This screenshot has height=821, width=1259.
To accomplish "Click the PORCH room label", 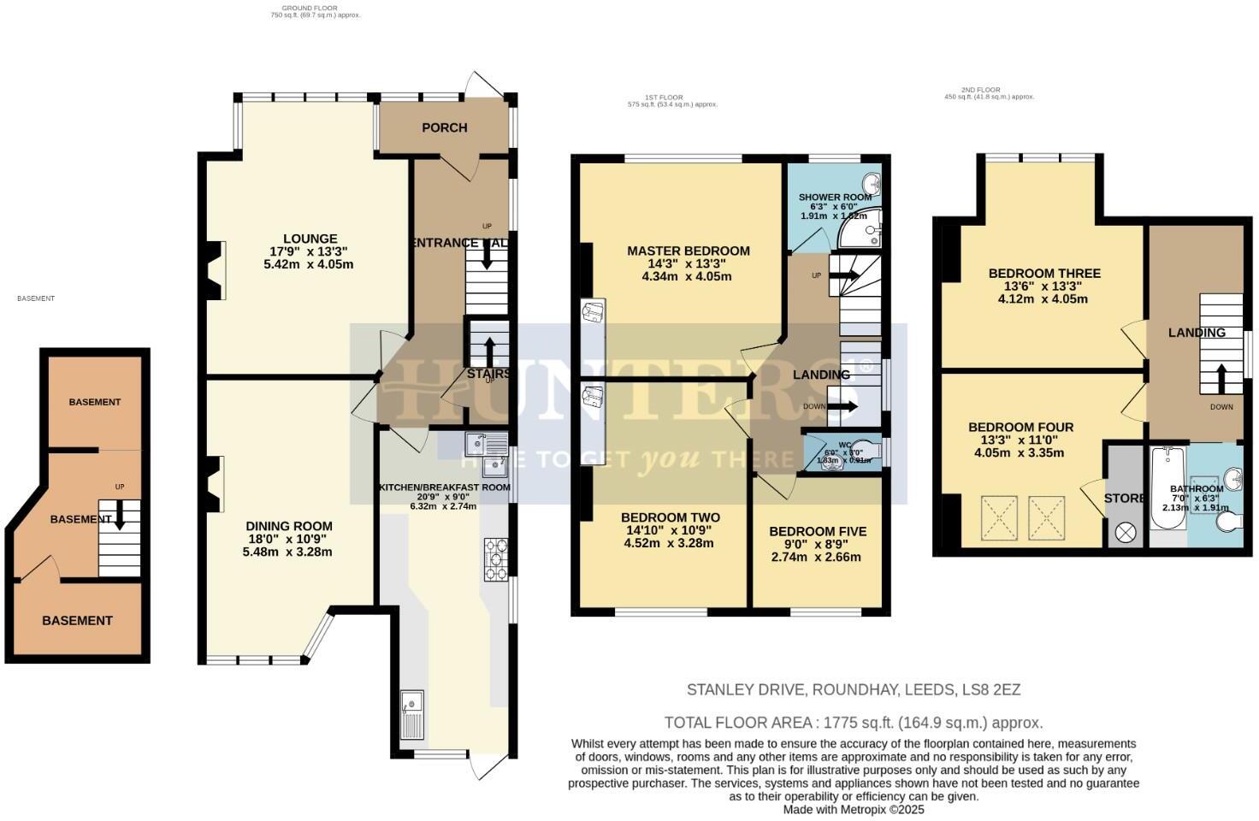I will tap(444, 127).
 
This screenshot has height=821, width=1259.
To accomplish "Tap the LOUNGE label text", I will tap(310, 239).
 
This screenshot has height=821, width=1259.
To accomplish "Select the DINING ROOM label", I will tap(288, 526).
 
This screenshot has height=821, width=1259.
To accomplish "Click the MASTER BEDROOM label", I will tap(688, 251).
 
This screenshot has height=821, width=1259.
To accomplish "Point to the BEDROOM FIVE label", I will tap(817, 531).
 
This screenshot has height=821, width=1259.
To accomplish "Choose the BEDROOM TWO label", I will tap(670, 517).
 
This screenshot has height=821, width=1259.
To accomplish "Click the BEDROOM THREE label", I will tap(1043, 274).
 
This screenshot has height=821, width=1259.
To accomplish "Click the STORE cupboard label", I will tap(1124, 498).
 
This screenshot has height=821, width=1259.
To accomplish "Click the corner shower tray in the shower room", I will tap(859, 225).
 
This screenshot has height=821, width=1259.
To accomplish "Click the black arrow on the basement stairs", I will tap(120, 514).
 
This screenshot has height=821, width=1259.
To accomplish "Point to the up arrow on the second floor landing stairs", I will tap(1221, 377).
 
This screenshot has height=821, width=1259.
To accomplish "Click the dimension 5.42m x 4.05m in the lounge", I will tap(309, 264).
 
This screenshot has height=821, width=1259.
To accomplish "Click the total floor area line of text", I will tap(853, 723).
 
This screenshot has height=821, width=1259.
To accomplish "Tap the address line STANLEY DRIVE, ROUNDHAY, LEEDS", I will tap(853, 689).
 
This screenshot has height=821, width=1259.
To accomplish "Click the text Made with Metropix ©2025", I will tap(853, 809).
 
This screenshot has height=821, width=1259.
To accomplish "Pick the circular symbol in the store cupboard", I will tap(1125, 533).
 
